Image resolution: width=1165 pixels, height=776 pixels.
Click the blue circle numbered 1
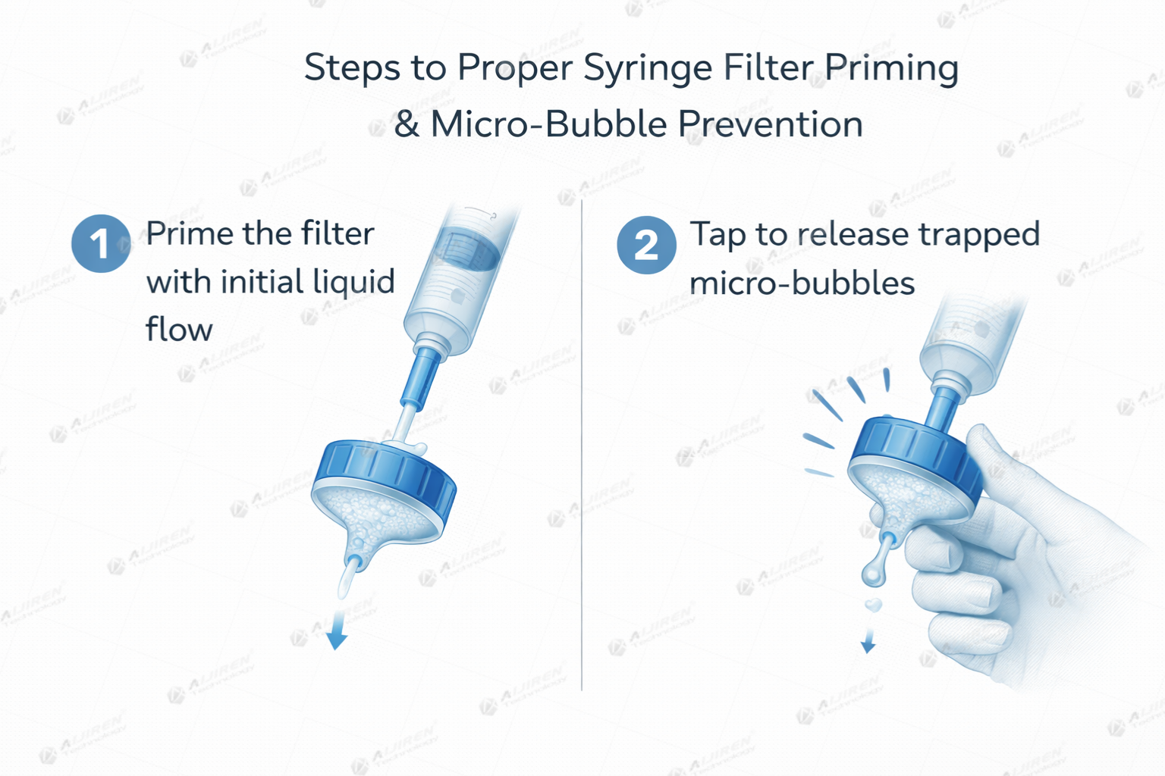click(100, 244)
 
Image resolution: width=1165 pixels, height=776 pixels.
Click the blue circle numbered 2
click(645, 245)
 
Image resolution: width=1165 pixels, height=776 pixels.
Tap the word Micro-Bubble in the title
click(549, 124)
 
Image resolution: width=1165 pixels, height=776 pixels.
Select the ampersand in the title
click(407, 124)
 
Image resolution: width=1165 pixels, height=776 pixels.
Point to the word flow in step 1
click(179, 330)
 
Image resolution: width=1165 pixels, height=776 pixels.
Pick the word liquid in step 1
click(353, 282)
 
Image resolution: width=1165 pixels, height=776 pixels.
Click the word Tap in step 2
click(718, 235)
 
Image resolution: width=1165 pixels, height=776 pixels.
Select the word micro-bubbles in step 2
click(802, 283)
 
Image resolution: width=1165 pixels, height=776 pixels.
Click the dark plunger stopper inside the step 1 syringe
click(466, 251)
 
